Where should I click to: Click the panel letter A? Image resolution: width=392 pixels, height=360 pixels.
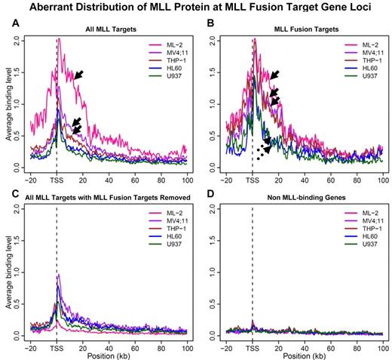click(x=8, y=22)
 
